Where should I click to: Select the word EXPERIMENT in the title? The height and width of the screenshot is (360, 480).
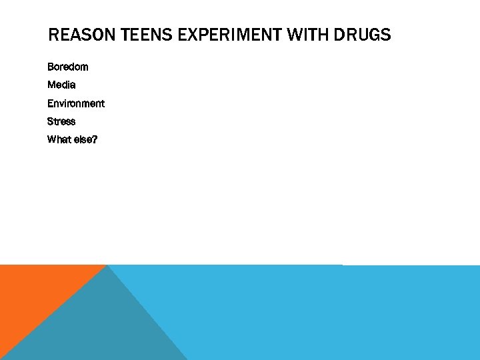226,35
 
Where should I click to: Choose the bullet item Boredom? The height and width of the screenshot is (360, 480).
67,67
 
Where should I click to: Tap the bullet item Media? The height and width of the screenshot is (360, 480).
61,85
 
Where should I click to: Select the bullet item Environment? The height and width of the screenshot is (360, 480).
75,103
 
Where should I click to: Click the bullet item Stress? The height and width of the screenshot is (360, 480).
61,121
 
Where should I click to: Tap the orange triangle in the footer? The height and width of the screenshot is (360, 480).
33,293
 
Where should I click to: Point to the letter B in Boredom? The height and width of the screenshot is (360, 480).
51,67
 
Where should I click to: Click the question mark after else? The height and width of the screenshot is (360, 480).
95,139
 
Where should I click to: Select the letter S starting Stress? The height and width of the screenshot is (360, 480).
51,121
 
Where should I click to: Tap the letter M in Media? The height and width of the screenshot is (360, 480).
51,85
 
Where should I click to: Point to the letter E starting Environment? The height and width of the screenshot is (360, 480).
50,103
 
